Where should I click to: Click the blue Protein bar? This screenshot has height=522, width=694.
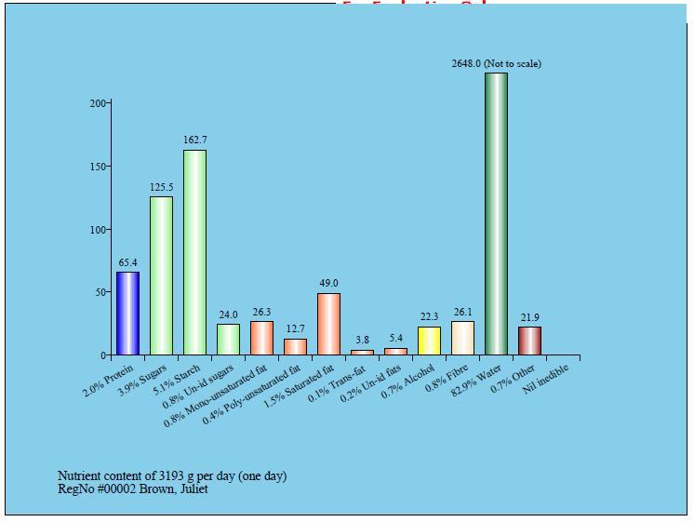(x=127, y=314)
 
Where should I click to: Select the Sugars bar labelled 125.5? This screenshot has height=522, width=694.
(x=161, y=275)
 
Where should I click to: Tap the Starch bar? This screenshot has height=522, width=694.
(x=194, y=253)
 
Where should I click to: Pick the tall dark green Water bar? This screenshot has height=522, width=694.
(x=496, y=214)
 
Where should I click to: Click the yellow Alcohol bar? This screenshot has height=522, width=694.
(x=429, y=341)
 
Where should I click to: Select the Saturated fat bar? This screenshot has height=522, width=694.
(x=328, y=324)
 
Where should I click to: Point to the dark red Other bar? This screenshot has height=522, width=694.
(x=529, y=341)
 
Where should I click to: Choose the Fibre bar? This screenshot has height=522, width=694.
(x=462, y=339)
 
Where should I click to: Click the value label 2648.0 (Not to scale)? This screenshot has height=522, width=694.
(x=496, y=63)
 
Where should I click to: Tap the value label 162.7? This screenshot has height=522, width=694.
(x=194, y=141)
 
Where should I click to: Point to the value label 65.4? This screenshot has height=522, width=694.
(x=127, y=262)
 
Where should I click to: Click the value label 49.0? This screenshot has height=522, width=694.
(x=328, y=283)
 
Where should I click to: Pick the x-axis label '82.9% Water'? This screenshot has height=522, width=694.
(x=477, y=380)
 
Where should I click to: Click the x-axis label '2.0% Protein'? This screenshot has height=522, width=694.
(x=108, y=381)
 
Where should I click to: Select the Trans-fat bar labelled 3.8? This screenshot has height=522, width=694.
(x=362, y=352)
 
